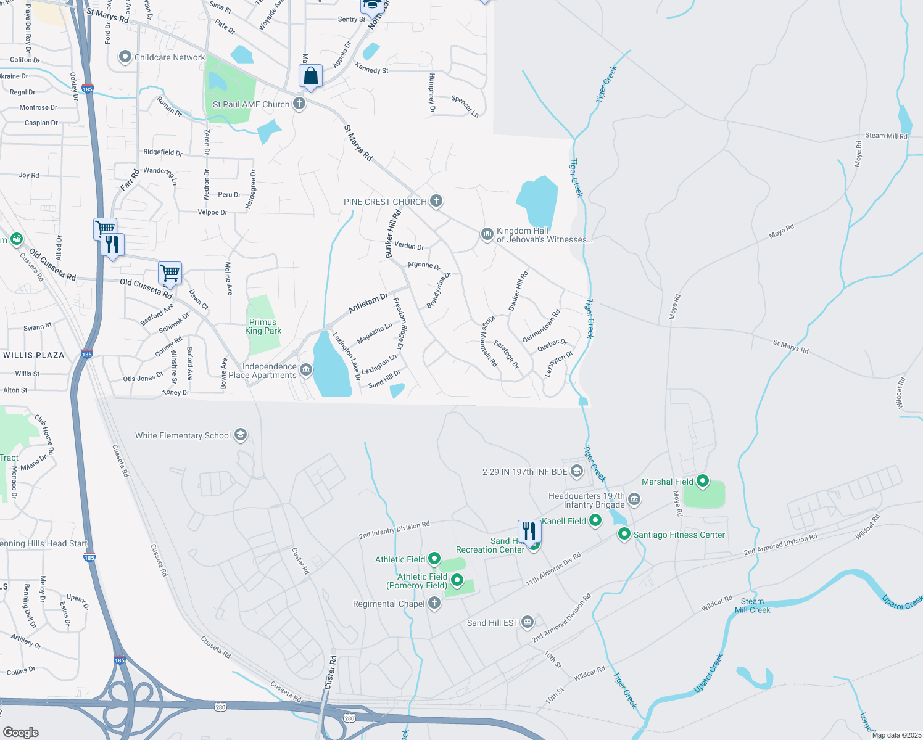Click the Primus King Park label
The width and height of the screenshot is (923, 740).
coord(263,326)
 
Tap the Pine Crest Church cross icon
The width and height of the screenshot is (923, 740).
coord(436,201)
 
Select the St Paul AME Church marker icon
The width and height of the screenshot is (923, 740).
coord(299,104)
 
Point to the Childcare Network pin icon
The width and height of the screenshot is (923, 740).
coord(125,57)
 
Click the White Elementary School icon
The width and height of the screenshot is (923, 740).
coord(241,435)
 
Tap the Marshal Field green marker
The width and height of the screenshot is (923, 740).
coord(702,481)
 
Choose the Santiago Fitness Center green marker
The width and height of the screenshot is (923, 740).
coord(624,534)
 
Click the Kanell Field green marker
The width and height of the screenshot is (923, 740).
coord(595,520)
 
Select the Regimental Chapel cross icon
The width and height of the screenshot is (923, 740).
coord(434,603)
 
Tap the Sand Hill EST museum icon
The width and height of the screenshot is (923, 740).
coord(527,622)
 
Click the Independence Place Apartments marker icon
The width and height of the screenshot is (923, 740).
coord(306,371)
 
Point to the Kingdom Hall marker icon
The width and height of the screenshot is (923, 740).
coord(487,234)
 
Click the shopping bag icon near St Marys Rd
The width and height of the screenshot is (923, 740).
coord(311,77)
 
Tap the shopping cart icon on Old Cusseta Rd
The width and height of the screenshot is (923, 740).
coord(170,272)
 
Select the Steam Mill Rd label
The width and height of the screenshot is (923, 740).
coord(886,136)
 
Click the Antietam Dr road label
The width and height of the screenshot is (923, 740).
coord(368,303)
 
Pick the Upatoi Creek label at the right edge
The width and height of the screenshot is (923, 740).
coord(902,602)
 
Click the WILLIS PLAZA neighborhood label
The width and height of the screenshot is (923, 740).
coord(34,355)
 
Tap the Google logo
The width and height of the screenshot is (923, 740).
coord(20,732)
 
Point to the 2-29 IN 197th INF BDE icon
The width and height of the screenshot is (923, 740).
coord(577,472)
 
